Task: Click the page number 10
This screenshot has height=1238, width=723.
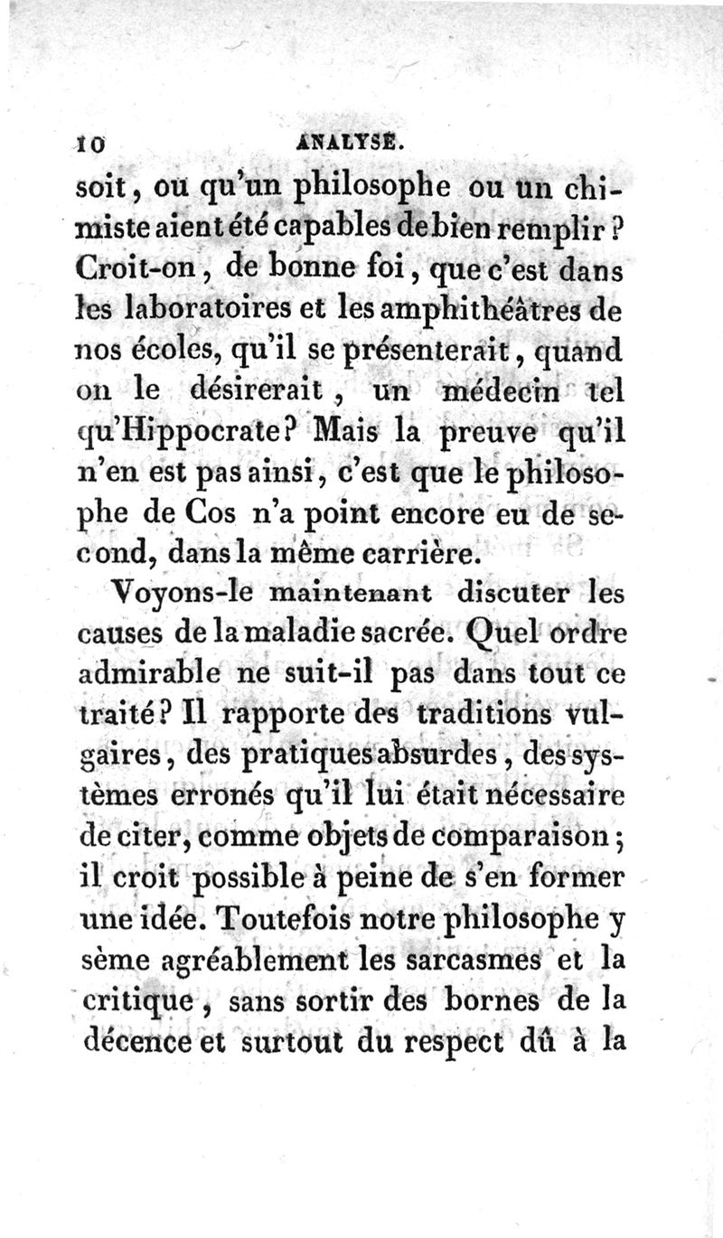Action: click(90, 143)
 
